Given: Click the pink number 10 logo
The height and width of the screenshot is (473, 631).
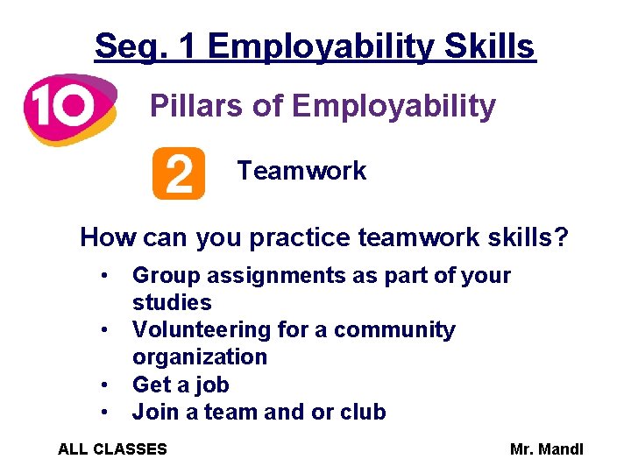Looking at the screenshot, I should pyautogui.click(x=68, y=109).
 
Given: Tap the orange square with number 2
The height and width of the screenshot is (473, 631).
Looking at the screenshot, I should pyautogui.click(x=178, y=173).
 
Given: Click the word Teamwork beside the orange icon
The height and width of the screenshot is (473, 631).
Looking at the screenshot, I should pyautogui.click(x=301, y=171).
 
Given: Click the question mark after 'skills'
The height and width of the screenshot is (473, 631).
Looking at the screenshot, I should pyautogui.click(x=561, y=236).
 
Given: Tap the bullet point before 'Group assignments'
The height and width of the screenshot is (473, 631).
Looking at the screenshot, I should pyautogui.click(x=104, y=275).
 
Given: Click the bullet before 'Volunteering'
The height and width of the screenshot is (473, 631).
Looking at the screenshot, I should pyautogui.click(x=104, y=329).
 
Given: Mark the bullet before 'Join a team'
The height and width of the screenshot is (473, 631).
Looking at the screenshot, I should pyautogui.click(x=104, y=412).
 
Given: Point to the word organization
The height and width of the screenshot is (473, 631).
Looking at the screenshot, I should pyautogui.click(x=200, y=357).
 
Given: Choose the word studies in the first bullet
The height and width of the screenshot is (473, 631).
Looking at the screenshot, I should pyautogui.click(x=172, y=303).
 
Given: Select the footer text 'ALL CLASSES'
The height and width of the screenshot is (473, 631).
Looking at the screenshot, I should pyautogui.click(x=112, y=449).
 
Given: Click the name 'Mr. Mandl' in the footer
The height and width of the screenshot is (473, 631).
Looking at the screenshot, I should pyautogui.click(x=546, y=449).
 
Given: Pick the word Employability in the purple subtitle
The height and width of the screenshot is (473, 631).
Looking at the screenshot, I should pyautogui.click(x=393, y=107).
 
